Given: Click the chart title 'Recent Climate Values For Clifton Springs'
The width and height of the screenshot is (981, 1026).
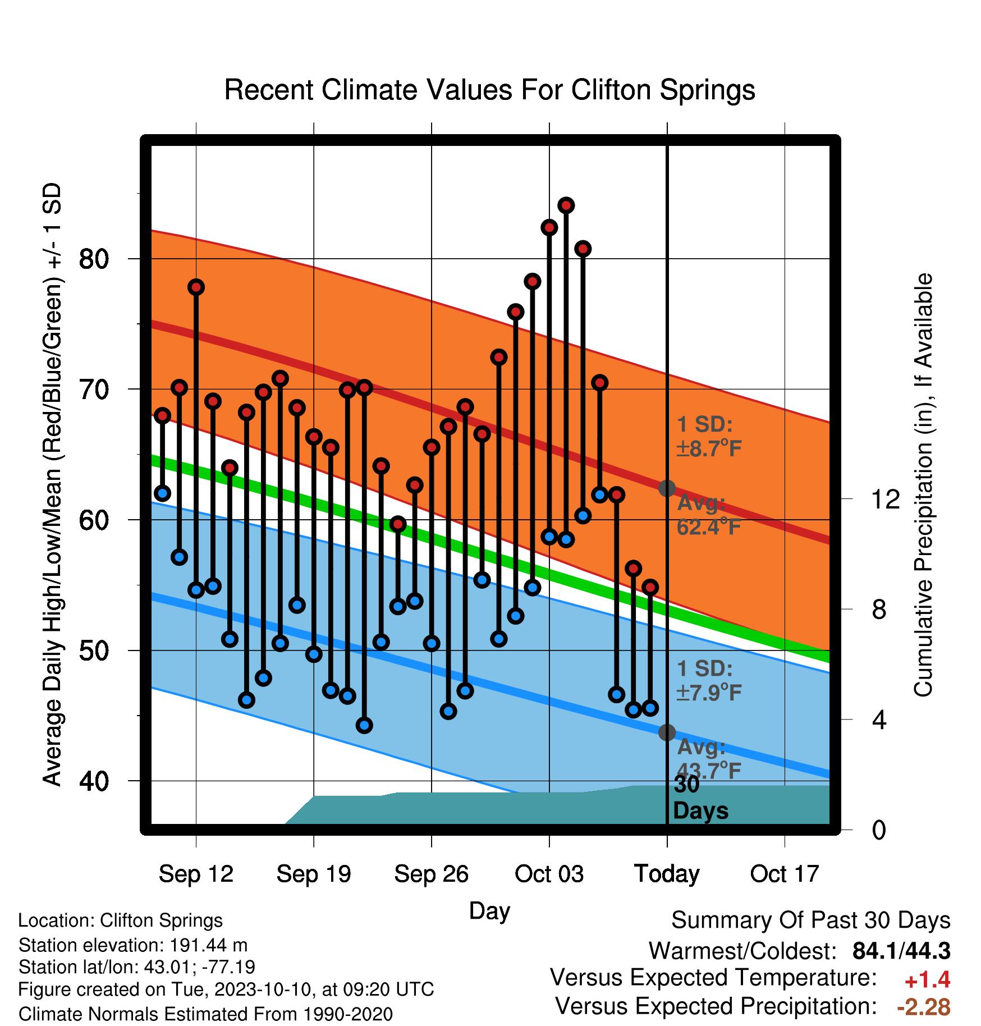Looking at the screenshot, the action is [489, 90].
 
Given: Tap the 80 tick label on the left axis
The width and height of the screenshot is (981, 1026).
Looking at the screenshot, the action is [94, 259].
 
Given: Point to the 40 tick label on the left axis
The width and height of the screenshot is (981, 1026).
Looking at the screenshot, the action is [94, 781].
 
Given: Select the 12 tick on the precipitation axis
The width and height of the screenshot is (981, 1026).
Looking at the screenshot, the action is [885, 499].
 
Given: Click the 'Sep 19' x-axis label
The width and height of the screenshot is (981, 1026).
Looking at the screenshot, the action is [314, 874].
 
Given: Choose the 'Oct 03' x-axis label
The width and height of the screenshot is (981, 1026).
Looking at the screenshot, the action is [549, 874].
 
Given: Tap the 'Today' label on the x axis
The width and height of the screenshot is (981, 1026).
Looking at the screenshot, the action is [667, 874].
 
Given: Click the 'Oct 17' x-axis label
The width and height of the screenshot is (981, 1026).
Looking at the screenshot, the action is [785, 874].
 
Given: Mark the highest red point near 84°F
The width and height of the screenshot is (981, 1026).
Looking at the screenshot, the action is [566, 205].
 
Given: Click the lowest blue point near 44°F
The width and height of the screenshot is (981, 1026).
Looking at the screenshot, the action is [364, 726].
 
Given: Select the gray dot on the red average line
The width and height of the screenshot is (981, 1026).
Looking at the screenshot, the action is [667, 488].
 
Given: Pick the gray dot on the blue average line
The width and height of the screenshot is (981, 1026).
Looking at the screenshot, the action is [667, 732].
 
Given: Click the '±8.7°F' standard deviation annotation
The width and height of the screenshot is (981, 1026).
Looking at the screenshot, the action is [709, 448].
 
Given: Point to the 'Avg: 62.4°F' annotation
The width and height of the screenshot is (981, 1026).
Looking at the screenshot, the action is [709, 515].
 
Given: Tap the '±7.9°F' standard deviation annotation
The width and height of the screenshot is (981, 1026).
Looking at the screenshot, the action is [709, 693].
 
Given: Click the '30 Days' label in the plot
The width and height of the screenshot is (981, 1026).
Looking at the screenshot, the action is [700, 798].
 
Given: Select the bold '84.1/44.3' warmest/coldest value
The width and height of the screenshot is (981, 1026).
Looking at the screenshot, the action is [901, 951].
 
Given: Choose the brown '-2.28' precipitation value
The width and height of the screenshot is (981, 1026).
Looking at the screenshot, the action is [924, 1007].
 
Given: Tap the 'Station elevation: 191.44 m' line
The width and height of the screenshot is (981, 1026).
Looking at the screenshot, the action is [133, 945].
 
